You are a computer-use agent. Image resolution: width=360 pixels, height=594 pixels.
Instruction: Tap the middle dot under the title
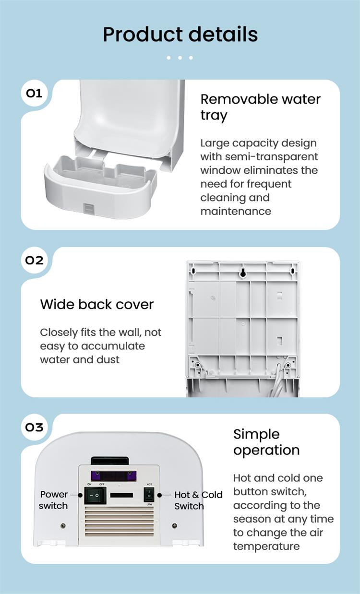pos(180,58)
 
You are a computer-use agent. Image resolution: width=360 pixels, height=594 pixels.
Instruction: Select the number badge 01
pos(34,93)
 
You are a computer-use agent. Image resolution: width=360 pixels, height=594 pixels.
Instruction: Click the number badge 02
pos(34,260)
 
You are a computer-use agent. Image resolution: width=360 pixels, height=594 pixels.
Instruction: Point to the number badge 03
pos(34,427)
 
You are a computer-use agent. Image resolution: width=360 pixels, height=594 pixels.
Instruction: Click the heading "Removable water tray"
pos(260,107)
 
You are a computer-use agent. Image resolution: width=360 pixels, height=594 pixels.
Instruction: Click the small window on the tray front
pos(89,207)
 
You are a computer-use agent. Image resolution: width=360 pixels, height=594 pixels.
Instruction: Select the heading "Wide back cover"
pos(97,305)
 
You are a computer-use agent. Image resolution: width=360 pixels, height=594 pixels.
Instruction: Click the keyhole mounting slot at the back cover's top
pos(242,273)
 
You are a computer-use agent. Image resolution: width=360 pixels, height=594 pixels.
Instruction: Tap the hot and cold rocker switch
pos(149,495)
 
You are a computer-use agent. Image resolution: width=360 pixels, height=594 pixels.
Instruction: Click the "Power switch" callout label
pos(54,500)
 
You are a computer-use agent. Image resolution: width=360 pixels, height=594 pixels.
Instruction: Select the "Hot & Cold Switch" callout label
pos(198,500)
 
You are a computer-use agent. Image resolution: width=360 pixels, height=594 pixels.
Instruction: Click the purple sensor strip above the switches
pos(113,475)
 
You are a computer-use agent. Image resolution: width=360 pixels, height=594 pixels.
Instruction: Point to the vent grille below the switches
pos(119,522)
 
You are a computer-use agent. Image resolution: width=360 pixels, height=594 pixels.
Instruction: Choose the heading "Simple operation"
pos(266,442)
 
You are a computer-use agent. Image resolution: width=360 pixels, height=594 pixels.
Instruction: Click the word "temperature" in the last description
pos(266,546)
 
